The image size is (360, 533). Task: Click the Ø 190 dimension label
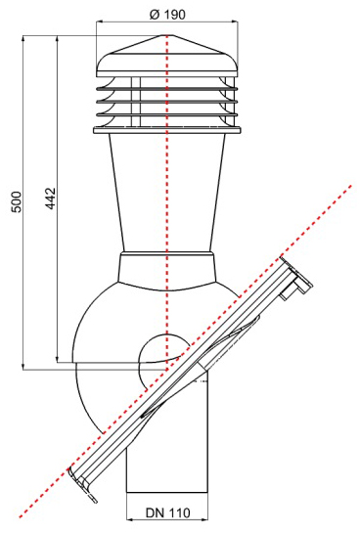(x=167, y=14)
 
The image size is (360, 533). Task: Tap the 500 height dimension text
(x=17, y=201)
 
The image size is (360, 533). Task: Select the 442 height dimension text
(x=50, y=199)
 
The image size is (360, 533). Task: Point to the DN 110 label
(x=168, y=512)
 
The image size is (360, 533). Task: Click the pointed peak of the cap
(x=167, y=35)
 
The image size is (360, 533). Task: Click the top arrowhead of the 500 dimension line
(x=23, y=39)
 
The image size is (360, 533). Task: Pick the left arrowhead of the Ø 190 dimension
(x=100, y=22)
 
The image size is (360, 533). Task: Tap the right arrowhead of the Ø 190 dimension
(x=235, y=22)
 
